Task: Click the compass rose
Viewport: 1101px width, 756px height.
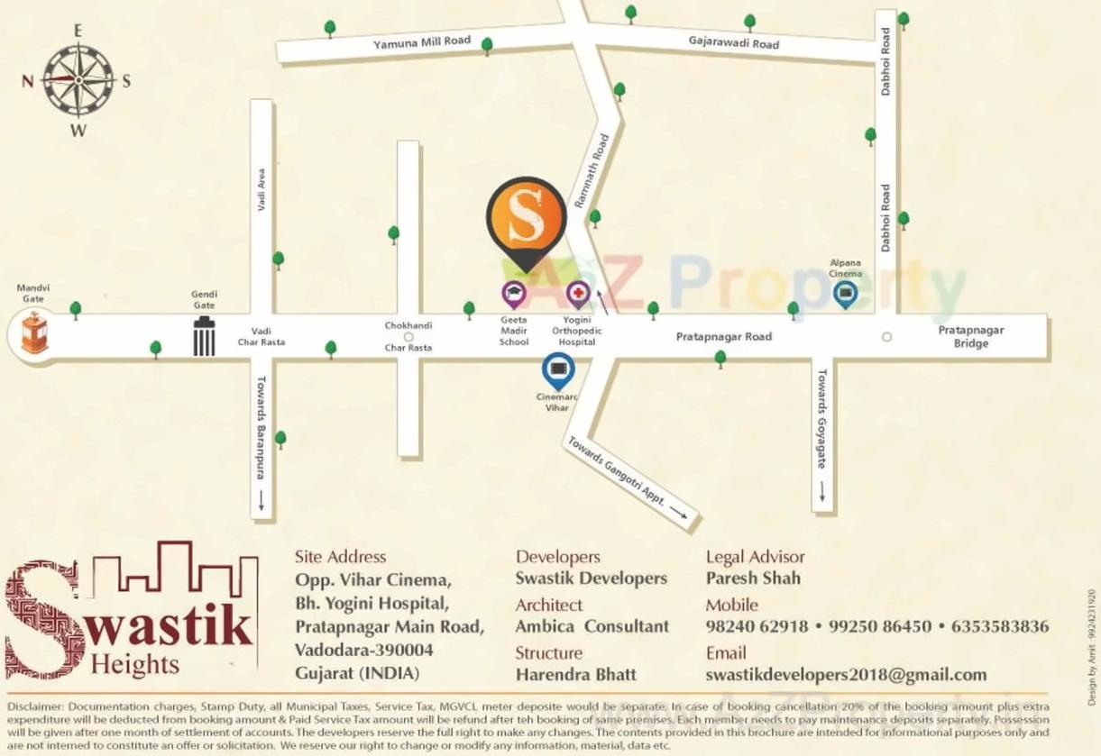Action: click(78, 80)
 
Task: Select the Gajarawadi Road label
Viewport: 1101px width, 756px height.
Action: click(733, 42)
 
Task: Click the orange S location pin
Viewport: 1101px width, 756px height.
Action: click(527, 219)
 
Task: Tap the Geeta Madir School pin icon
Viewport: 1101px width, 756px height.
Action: click(514, 293)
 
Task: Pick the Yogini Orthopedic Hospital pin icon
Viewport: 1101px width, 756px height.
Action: click(578, 293)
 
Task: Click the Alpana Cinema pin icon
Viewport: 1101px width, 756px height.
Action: click(845, 293)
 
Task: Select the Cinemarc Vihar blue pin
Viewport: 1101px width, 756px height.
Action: click(557, 369)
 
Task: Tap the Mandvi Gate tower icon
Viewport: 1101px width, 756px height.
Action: click(34, 332)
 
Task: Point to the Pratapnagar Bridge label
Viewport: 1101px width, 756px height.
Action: click(970, 336)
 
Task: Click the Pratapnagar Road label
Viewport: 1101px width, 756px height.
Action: click(724, 336)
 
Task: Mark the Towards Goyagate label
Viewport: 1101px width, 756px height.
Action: click(821, 418)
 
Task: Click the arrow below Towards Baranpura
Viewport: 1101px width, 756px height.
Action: click(261, 500)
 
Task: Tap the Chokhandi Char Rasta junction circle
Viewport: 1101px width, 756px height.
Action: click(408, 337)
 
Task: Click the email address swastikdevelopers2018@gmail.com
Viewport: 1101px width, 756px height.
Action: click(846, 675)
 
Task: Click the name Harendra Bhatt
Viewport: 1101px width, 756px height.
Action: click(575, 675)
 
